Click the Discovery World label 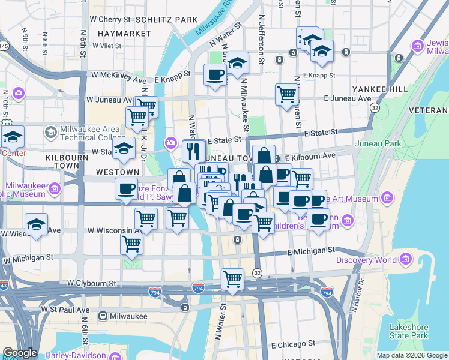coord(366,260)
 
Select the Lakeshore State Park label coord(408,331)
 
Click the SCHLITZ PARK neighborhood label coord(168,20)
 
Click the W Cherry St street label coord(110,20)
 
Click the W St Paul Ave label coord(64,310)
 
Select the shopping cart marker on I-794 coord(232,279)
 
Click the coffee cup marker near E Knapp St coord(215,75)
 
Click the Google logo coord(20,353)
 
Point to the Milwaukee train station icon coord(103,316)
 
